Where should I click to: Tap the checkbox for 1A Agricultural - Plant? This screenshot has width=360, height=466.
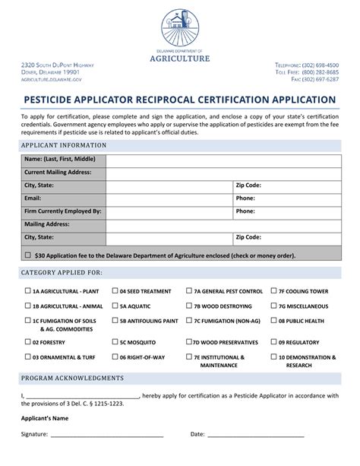coord(27,291)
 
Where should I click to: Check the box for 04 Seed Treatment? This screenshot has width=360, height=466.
coord(114,291)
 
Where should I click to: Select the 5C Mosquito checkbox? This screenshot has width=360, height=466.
coord(114,342)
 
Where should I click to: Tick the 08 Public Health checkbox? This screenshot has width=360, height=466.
coord(273,322)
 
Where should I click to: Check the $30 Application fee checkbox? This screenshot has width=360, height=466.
coord(28,256)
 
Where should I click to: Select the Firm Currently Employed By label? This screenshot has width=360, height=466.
coord(63,211)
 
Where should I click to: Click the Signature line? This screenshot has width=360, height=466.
coord(106,436)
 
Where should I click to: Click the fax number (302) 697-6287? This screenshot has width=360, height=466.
coord(321,79)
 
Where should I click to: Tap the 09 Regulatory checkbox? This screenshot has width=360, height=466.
coord(273,342)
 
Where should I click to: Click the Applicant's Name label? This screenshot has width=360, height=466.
coord(45,418)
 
